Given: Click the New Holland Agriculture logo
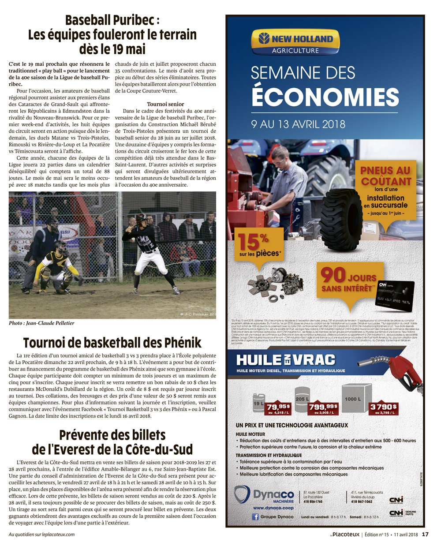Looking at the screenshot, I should click(295, 42).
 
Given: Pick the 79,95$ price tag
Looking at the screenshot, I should click(279, 408).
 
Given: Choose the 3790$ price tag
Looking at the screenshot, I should click(383, 408).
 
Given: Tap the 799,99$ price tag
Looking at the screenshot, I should click(323, 408).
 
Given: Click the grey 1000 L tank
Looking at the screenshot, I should click(357, 395).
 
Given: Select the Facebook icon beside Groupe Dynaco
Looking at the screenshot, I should click(255, 516).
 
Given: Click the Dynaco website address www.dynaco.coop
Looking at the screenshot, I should click(273, 508).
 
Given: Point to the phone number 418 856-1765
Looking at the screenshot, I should click(313, 501).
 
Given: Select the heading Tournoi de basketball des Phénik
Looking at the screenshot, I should click(112, 343).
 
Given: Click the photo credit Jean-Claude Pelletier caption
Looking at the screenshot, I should click(41, 323).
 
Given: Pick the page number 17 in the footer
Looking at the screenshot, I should click(425, 535).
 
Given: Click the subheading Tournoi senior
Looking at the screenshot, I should click(165, 105).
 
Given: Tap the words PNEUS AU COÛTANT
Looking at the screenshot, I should click(385, 176).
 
